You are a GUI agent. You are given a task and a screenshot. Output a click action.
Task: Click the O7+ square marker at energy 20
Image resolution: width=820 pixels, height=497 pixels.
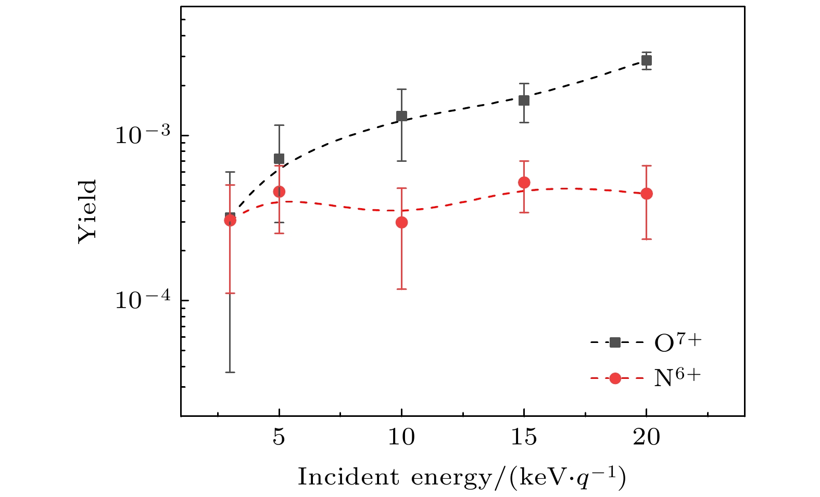coord(646,60)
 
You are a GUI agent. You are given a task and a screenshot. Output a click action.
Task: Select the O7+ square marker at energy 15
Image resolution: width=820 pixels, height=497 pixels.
coord(524,100)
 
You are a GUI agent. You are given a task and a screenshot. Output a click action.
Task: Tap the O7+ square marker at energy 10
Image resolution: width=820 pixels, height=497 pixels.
coord(401,116)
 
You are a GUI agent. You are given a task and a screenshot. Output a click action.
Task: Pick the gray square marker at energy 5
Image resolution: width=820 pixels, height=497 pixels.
coord(279,159)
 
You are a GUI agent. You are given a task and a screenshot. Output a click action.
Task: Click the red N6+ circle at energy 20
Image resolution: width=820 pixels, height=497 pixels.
coord(646,194)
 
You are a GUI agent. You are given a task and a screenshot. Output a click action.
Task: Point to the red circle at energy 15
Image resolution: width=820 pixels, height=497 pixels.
coord(524,182)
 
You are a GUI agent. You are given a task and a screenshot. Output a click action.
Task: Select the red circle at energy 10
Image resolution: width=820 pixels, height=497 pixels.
coord(401,222)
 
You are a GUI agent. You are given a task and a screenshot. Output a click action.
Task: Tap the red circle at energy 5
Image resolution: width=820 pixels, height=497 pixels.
coord(279,192)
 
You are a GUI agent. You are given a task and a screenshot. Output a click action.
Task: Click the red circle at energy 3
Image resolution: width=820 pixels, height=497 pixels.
coord(230,220)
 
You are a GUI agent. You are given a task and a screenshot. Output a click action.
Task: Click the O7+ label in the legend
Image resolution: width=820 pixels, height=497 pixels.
coord(678,342)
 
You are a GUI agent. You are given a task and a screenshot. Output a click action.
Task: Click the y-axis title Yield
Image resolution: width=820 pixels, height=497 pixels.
coord(88,211)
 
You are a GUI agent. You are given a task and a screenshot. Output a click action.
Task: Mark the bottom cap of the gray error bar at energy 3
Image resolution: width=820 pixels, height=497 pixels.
coord(230,372)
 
